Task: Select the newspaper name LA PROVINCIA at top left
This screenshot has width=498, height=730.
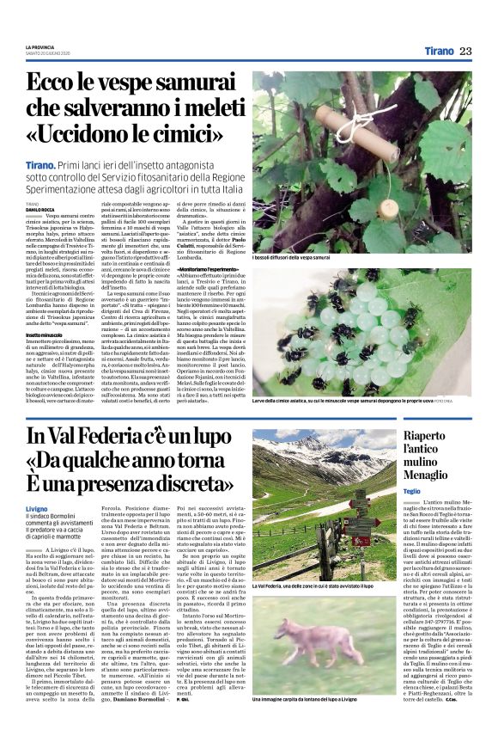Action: [x=39, y=46]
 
